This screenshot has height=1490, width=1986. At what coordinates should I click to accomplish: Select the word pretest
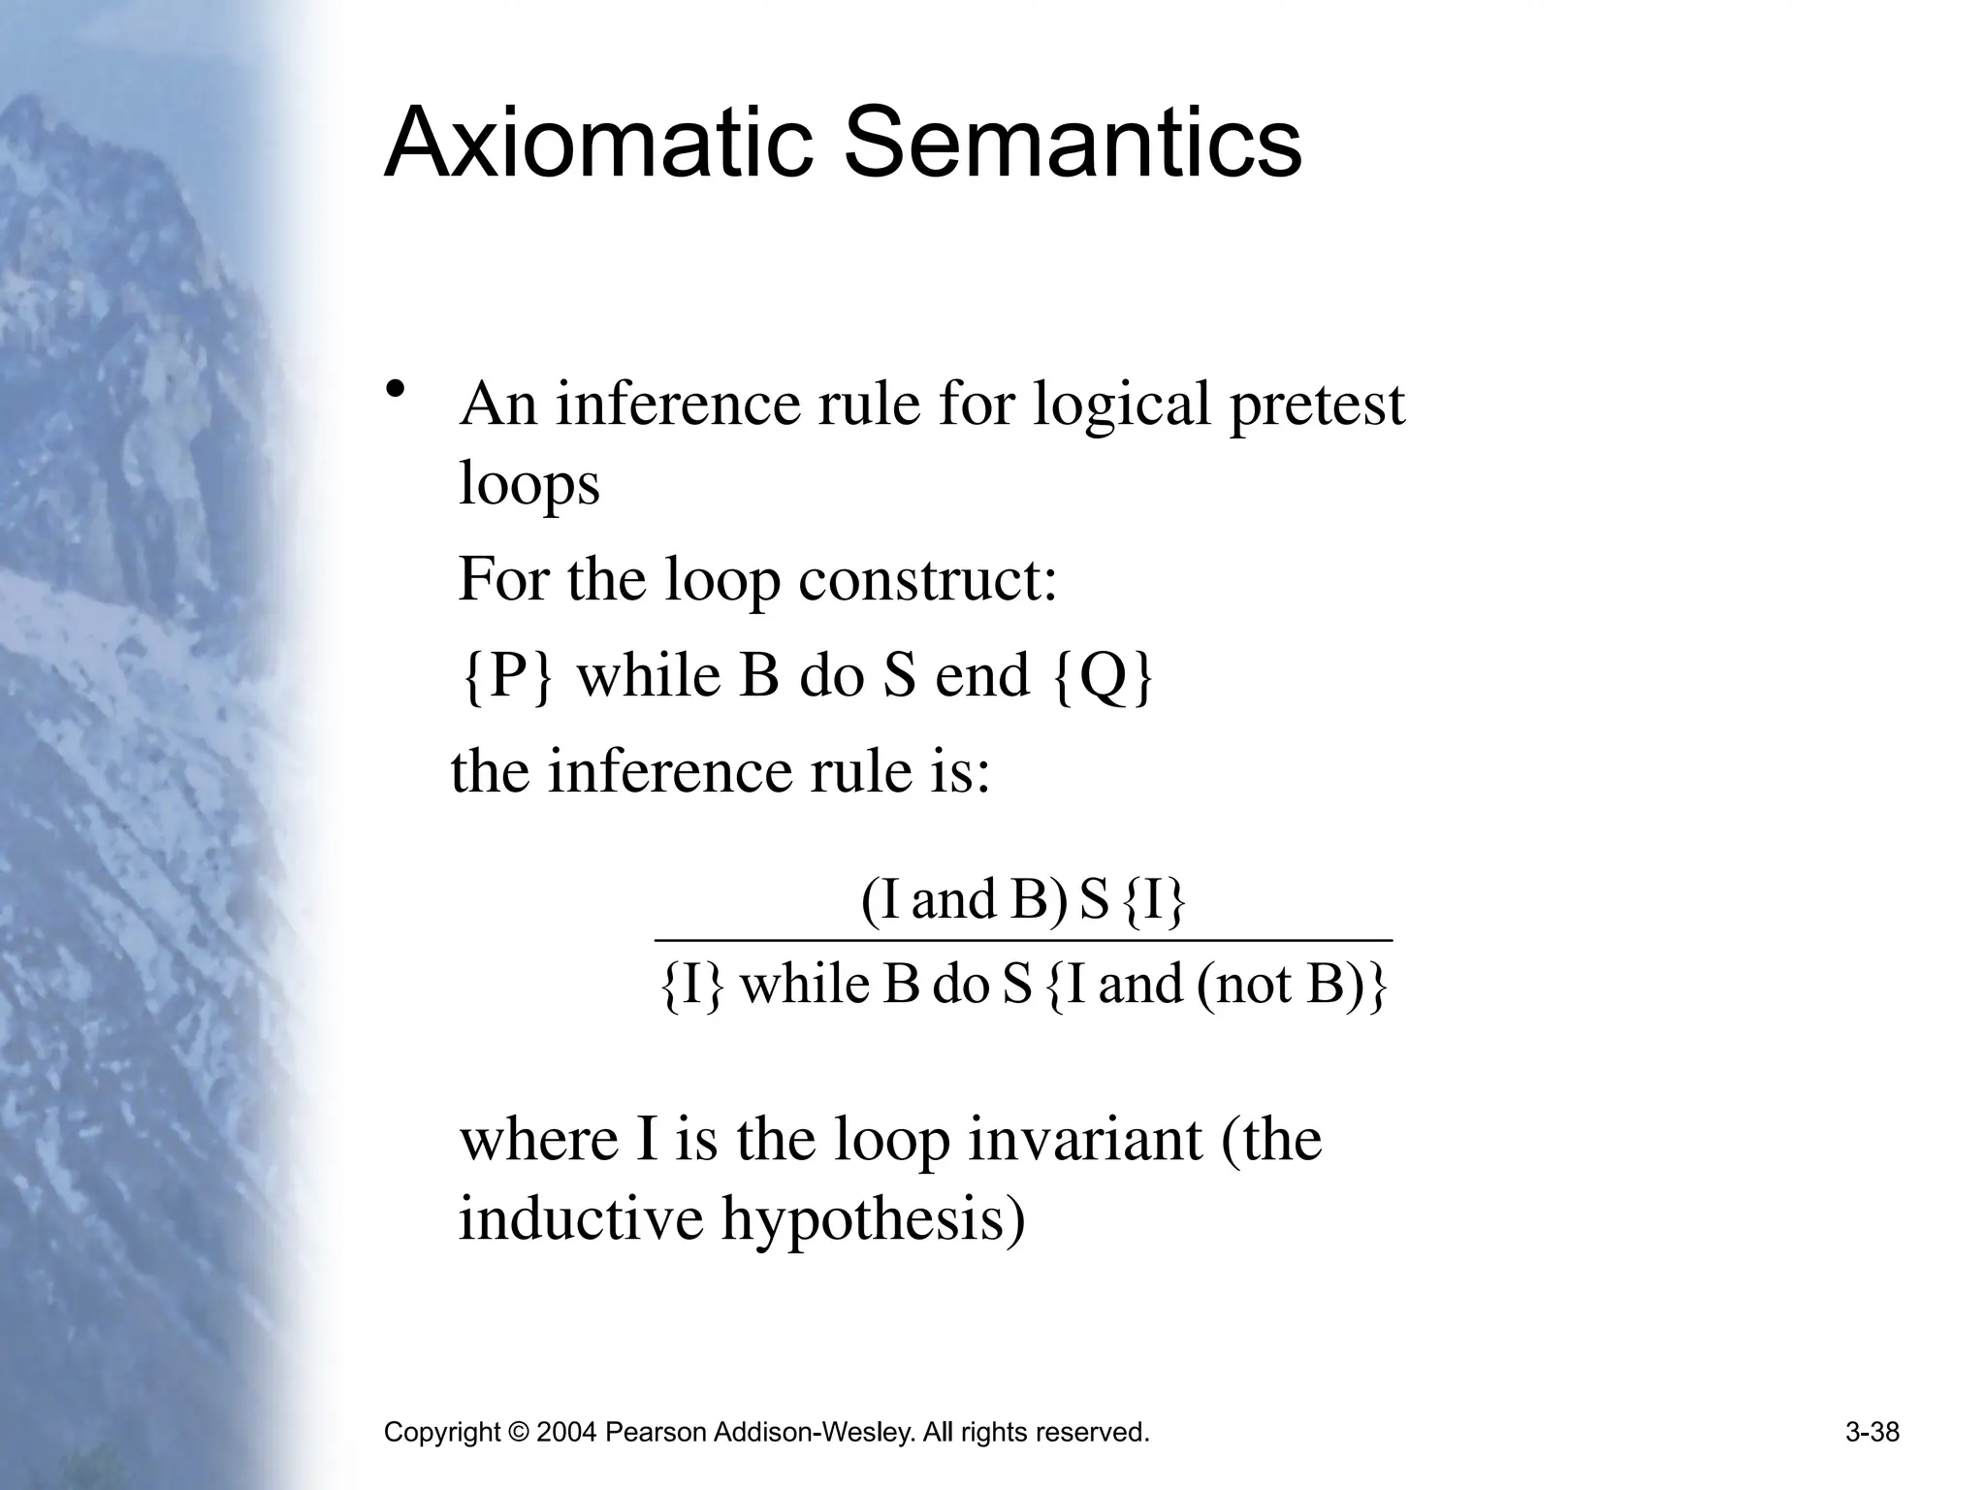[x=1316, y=405]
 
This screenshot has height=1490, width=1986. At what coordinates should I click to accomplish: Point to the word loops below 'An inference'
[x=529, y=483]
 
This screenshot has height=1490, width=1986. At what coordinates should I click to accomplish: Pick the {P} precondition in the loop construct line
[x=507, y=676]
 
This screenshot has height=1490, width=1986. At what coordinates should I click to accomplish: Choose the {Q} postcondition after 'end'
[x=1103, y=676]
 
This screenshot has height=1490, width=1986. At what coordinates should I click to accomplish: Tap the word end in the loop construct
[x=981, y=676]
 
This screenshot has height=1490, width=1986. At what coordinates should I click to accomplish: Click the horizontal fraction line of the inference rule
[x=1023, y=940]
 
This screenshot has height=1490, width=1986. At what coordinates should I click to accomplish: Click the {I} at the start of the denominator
[x=691, y=986]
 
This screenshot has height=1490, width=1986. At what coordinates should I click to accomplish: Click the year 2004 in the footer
[x=564, y=1433]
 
